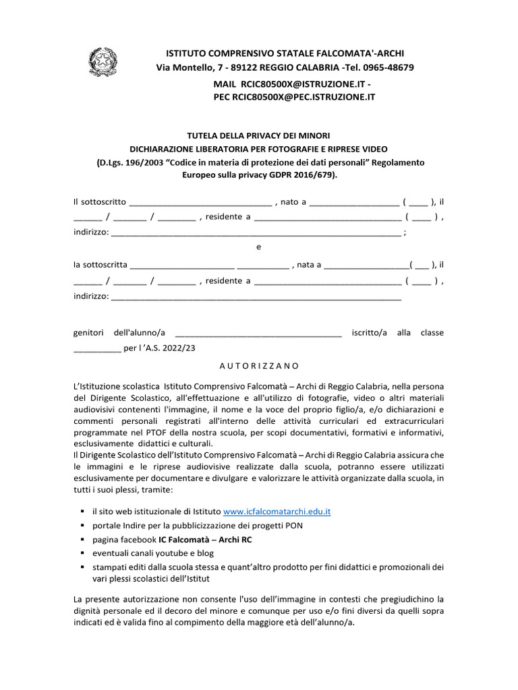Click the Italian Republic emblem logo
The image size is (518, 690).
[103, 61]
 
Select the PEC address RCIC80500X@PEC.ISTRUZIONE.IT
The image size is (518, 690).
[304, 97]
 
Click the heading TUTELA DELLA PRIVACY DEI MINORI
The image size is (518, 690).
[258, 136]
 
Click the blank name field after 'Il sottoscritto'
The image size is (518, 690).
[200, 201]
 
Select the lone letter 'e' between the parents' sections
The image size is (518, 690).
[258, 247]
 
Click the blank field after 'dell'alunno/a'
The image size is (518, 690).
[258, 333]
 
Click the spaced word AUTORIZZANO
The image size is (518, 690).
[258, 365]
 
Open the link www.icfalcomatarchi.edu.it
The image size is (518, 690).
[277, 511]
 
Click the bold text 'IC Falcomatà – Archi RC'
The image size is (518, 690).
[206, 539]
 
